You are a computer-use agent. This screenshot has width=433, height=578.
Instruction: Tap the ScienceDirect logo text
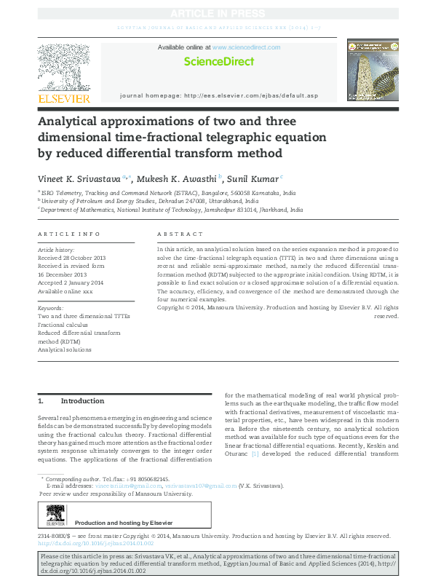point(218,62)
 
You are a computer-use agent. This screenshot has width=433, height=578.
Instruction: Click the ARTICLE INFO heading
point(68,234)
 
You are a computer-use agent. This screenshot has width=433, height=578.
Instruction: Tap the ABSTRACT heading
point(180,234)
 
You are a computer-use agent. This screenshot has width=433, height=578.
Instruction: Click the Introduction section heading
point(82,401)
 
